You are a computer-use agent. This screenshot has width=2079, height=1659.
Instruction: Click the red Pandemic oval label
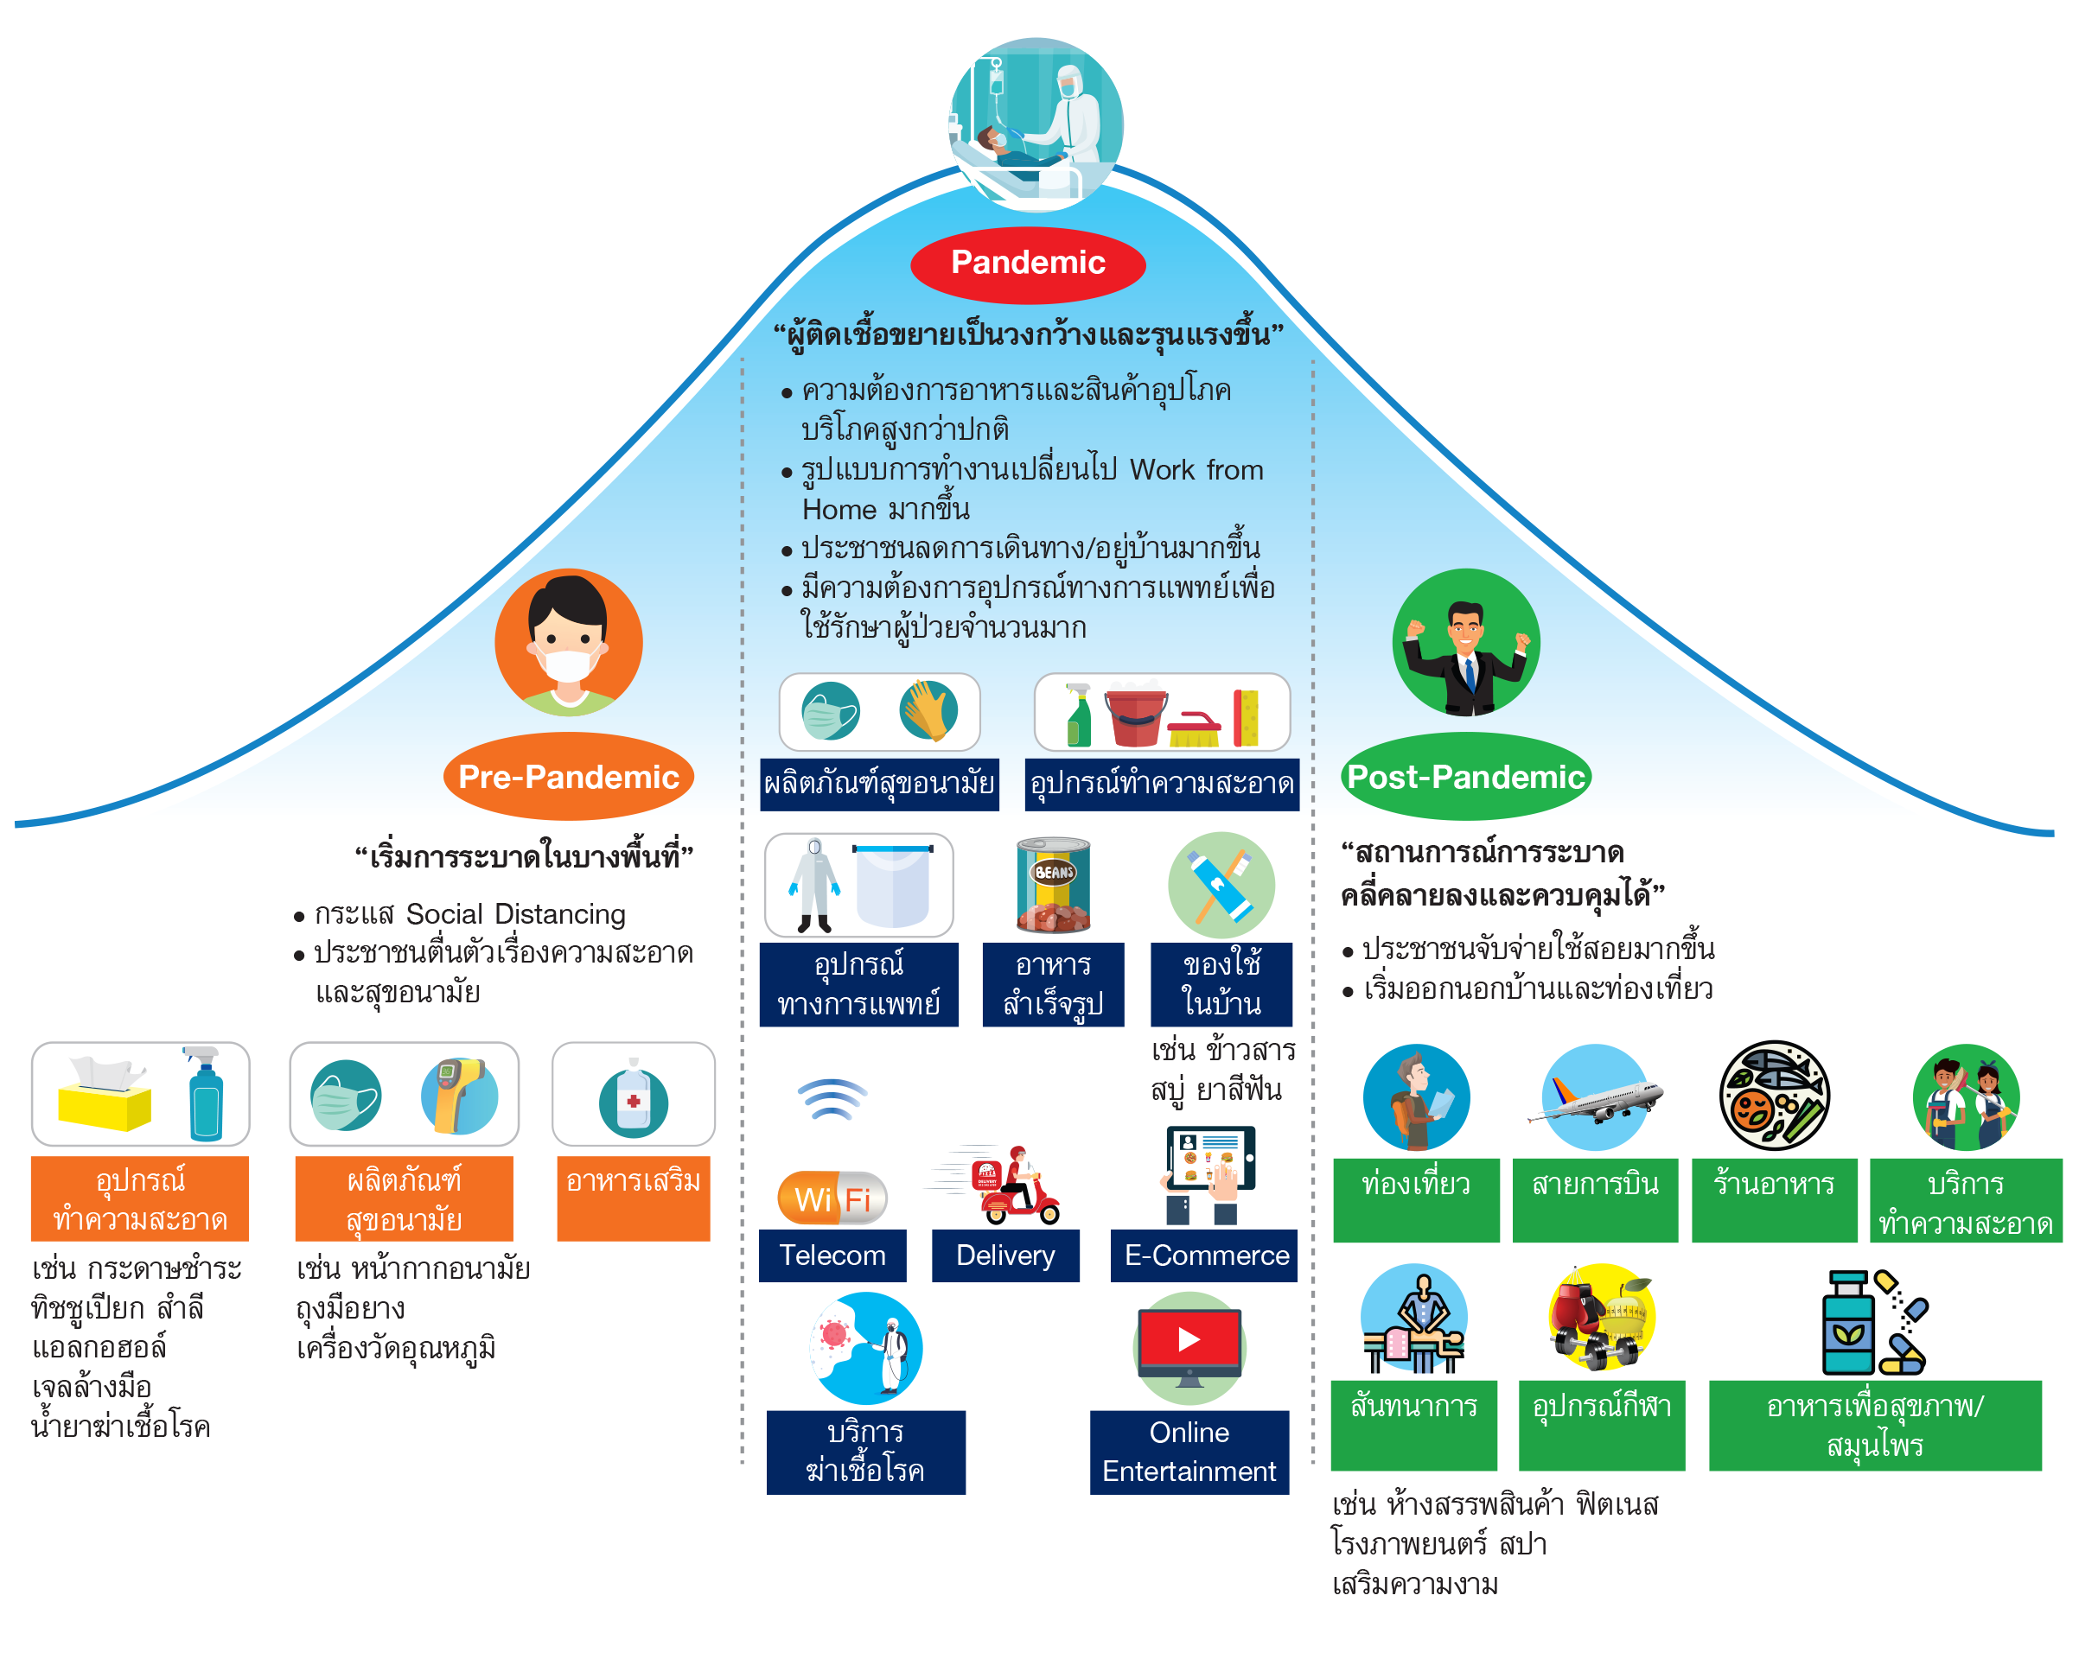pyautogui.click(x=1028, y=264)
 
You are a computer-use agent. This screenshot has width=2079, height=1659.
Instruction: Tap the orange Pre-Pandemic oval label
pyautogui.click(x=568, y=777)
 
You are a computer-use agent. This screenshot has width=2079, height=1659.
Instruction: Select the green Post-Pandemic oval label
pyautogui.click(x=1464, y=777)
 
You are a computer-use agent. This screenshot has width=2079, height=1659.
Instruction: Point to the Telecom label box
pyautogui.click(x=832, y=1255)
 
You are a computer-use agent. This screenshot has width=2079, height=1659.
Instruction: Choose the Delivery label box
pyautogui.click(x=1004, y=1255)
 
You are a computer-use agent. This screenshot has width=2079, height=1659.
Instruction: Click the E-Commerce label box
pyautogui.click(x=1205, y=1255)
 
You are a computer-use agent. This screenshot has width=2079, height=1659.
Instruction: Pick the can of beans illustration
pyautogui.click(x=1053, y=886)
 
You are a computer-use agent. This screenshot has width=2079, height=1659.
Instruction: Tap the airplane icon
pyautogui.click(x=1595, y=1099)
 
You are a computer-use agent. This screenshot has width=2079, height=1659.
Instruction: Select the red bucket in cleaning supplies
pyautogui.click(x=1135, y=717)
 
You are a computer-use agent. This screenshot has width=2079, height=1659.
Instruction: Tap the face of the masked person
pyautogui.click(x=568, y=641)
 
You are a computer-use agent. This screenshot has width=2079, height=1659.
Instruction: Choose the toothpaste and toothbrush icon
pyautogui.click(x=1221, y=885)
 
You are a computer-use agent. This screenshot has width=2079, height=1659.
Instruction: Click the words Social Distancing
pyautogui.click(x=516, y=914)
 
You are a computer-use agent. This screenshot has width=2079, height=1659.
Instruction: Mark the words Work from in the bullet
pyautogui.click(x=1196, y=470)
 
